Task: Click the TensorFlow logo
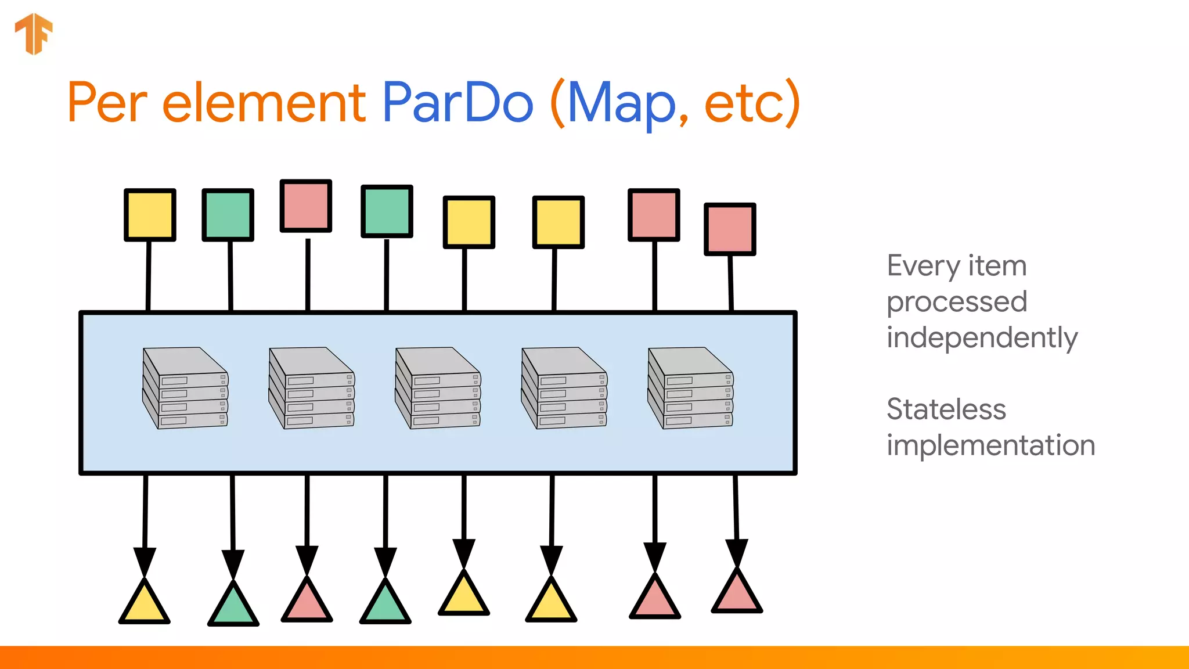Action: point(34,34)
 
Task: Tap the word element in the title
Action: point(264,103)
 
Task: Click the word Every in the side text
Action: point(923,267)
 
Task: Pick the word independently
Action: point(982,339)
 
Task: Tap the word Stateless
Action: point(946,409)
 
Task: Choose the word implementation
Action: point(990,445)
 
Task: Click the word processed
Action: point(957,302)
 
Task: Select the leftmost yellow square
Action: point(150,214)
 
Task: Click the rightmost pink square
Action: point(730,229)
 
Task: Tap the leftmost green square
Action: point(228,214)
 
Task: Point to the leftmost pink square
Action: point(306,206)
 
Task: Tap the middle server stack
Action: point(438,388)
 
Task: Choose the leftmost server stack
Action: point(185,388)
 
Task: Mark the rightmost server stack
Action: point(690,388)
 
